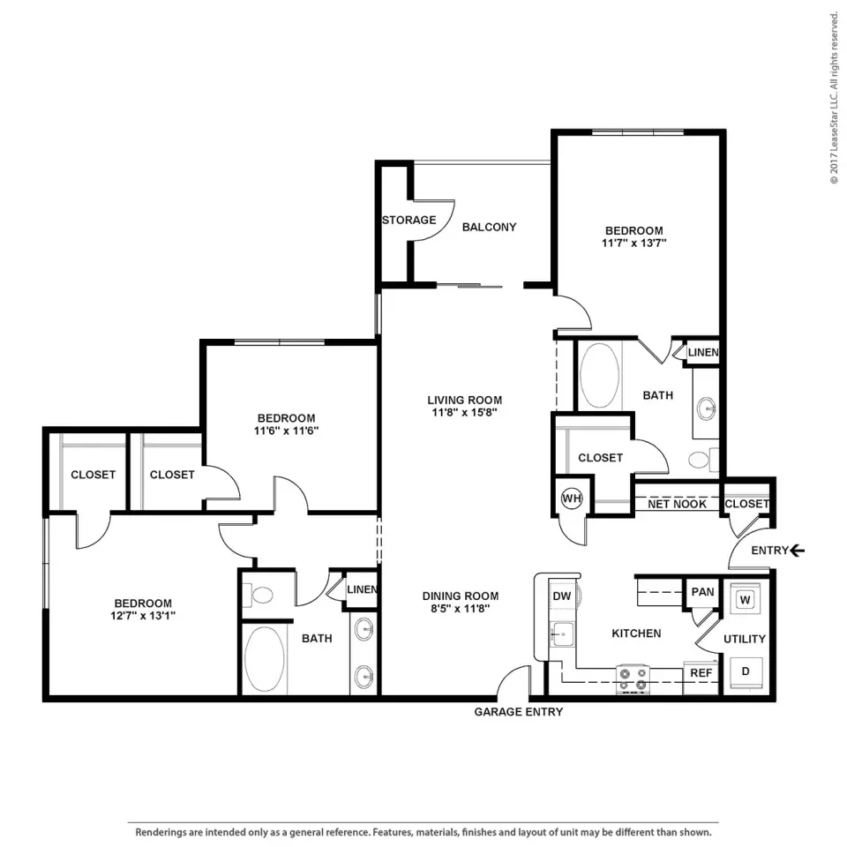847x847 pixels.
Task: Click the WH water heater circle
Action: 572,498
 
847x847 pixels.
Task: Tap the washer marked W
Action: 745,600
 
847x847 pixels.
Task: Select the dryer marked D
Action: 746,671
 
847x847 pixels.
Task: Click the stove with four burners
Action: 633,679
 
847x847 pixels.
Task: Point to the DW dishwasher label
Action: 562,596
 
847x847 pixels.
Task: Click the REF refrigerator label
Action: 701,673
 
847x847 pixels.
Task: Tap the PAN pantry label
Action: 703,592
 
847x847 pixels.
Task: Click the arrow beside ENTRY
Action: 798,551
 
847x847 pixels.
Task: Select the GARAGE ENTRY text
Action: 519,712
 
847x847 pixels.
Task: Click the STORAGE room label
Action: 409,220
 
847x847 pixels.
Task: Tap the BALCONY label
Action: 490,227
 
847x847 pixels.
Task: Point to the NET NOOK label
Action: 677,504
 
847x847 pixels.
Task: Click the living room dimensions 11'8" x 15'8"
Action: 465,413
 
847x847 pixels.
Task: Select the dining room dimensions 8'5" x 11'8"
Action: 461,609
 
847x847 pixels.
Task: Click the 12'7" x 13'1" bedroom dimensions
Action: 143,616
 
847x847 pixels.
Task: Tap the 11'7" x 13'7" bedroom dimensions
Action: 634,244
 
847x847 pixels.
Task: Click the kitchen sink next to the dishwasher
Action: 561,633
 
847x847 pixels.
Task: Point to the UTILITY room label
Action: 745,639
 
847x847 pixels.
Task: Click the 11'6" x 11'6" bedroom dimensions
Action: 286,431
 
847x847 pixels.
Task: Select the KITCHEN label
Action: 636,633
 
